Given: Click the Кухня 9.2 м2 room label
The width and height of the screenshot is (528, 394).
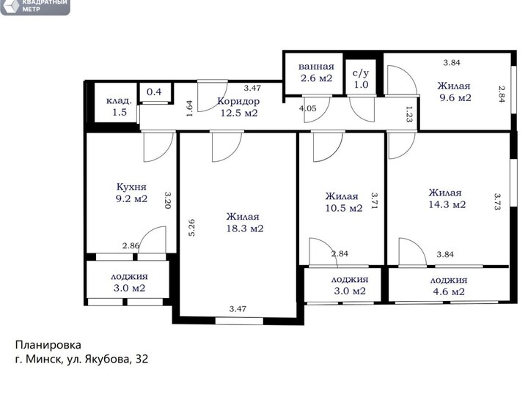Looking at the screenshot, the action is point(131,193).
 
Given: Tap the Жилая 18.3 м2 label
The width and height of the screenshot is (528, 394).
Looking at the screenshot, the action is point(244,223).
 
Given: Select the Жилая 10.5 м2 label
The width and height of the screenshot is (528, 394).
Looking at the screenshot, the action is point(343,201).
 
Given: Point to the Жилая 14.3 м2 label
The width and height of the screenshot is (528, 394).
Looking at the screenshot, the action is point(447,198).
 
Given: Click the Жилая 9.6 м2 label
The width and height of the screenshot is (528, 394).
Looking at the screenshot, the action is point(455,92).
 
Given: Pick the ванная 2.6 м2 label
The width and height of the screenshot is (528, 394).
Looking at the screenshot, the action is point(316,73).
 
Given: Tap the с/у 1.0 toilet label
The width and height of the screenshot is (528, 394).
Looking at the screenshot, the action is point(361,79).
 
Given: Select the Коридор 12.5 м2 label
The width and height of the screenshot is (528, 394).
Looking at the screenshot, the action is point(239,107).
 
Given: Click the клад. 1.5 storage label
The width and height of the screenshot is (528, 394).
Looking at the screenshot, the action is point(119,106).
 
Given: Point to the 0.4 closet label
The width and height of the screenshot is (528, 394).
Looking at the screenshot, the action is point(154,92).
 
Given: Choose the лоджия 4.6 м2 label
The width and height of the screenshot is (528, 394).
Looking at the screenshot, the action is point(449,286).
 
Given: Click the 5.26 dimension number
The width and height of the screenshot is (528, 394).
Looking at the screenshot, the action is point(191,228).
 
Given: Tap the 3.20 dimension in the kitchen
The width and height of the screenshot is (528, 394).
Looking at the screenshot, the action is point(168,200).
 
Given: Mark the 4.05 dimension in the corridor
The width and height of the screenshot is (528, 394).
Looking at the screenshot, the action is point(308,108).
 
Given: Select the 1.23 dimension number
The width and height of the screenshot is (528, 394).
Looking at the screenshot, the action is point(408,114).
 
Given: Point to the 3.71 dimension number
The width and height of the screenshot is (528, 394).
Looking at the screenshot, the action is point(375,201).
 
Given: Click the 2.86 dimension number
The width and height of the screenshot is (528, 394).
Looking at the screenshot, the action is point(131,246).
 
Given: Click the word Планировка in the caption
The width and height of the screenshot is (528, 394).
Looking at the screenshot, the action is point(48,345).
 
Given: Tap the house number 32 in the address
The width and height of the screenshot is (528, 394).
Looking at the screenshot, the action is point(142,359).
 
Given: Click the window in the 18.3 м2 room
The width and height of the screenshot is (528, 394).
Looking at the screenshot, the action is point(239,321).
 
